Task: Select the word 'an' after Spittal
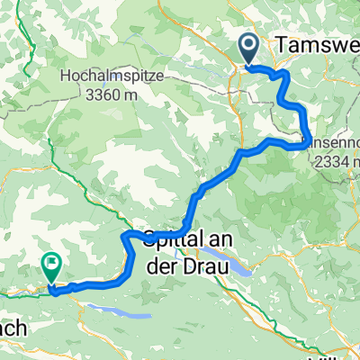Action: (220, 238)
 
